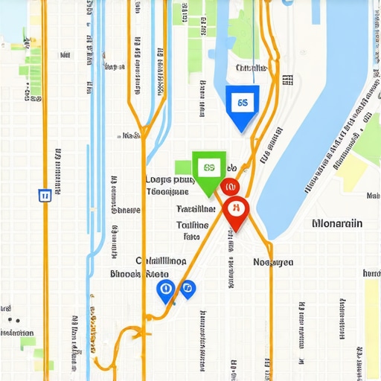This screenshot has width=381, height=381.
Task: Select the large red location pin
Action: [x=234, y=211]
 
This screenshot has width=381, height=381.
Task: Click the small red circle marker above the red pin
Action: [x=229, y=186]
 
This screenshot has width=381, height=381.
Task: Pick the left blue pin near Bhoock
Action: [x=165, y=290]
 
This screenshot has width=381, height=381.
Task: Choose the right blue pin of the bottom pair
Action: [x=187, y=288]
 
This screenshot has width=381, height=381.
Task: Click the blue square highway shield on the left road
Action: [x=44, y=195]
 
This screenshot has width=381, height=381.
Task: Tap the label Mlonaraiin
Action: [x=338, y=222]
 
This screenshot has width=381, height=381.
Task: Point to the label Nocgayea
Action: [x=273, y=262]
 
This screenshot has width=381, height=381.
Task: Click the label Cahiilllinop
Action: [x=161, y=261]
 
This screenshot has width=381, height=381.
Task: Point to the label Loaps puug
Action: [x=168, y=179]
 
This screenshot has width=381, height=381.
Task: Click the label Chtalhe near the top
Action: [x=251, y=68]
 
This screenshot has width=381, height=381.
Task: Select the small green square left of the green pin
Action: [x=183, y=167]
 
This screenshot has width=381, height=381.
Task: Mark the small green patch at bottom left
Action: [x=28, y=342]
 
